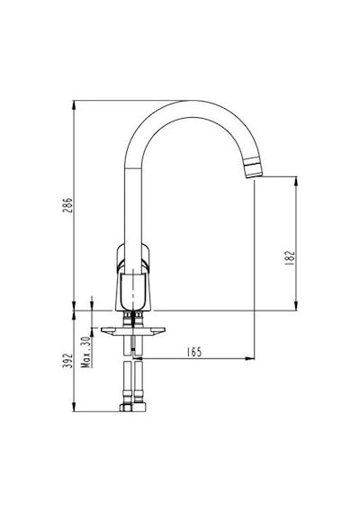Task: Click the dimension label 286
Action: point(67,205)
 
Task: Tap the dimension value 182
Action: point(290,257)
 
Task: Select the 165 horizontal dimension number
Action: point(194,352)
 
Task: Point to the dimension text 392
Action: point(67,360)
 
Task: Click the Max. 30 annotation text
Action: point(85,352)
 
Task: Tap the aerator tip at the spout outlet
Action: point(254,167)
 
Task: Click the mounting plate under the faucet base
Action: point(133,331)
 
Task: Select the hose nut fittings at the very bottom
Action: point(132,408)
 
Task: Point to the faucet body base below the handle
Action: point(133,292)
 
